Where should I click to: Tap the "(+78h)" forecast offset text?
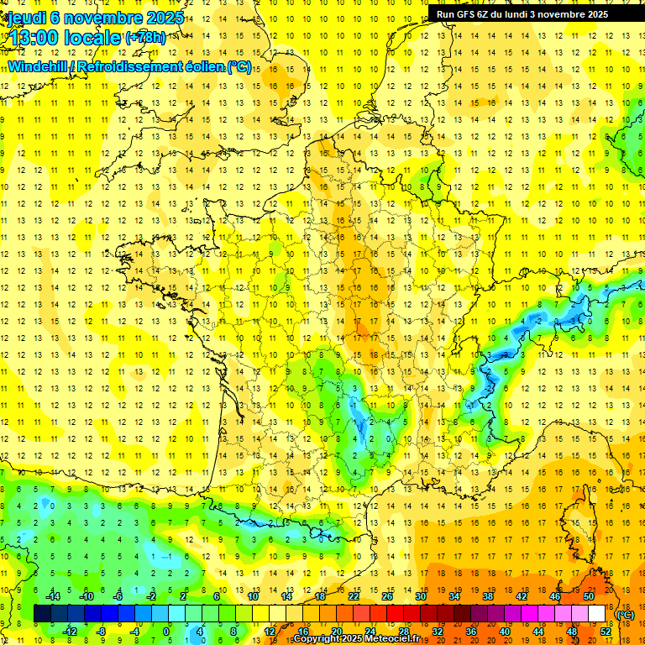click(145, 38)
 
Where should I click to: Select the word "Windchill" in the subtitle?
click(39, 67)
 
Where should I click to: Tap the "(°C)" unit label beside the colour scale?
click(626, 615)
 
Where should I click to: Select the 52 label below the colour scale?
click(606, 631)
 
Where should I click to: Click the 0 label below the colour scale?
click(166, 631)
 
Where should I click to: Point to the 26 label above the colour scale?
click(387, 596)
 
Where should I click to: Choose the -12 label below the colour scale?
click(71, 631)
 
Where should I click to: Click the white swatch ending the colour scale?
click(597, 613)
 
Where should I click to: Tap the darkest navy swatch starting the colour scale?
click(42, 613)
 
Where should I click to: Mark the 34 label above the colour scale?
click(454, 596)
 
